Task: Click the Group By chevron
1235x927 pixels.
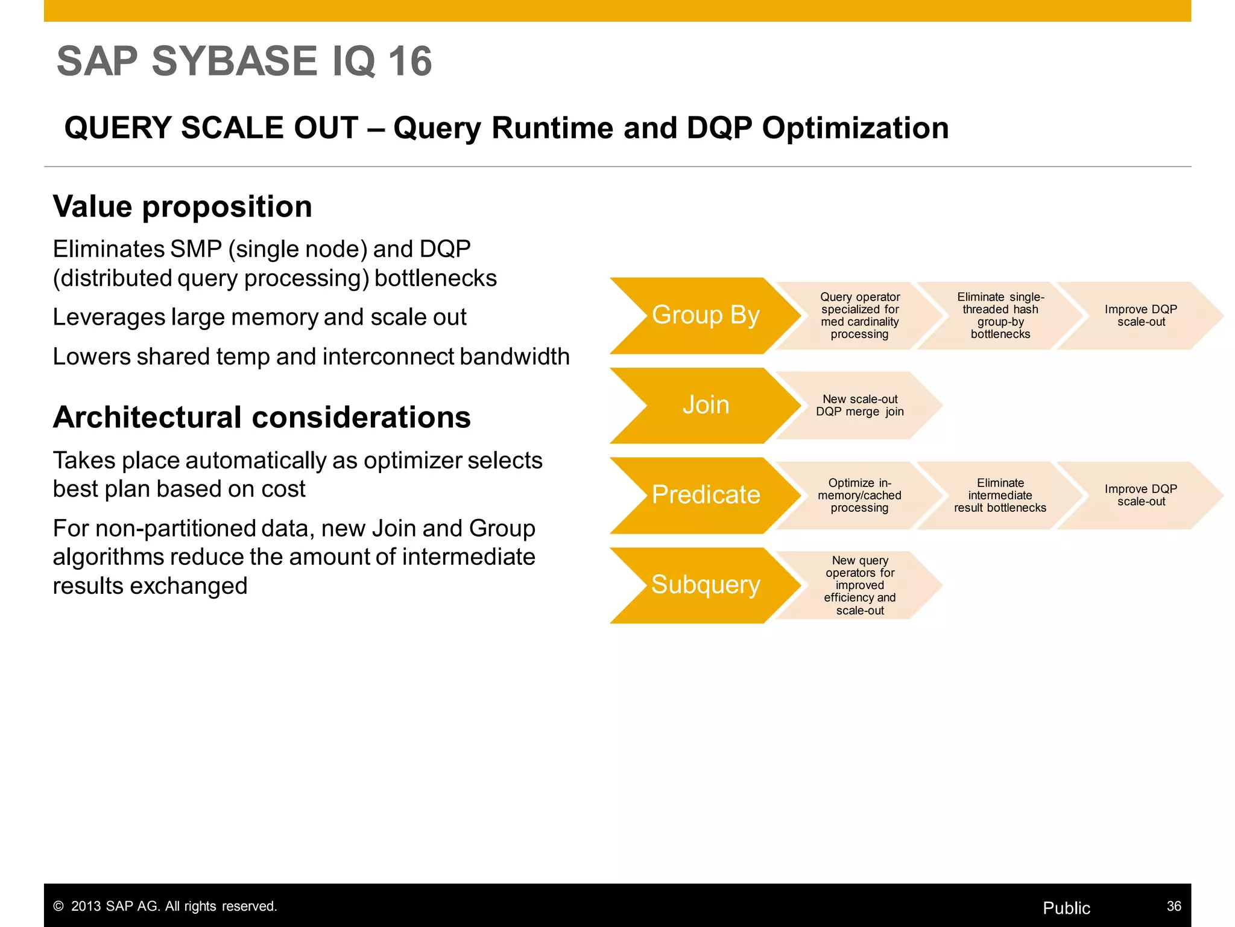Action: coord(705,315)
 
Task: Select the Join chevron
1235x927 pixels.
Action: coord(705,405)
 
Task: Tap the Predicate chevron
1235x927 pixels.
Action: coord(705,495)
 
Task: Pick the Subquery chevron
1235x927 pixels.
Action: coord(705,585)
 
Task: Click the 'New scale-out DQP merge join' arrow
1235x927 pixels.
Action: coord(859,406)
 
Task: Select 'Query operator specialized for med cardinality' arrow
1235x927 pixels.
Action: coord(859,316)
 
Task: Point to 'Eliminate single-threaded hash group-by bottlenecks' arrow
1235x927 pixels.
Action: coord(1000,316)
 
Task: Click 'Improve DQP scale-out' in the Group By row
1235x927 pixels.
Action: coord(1140,316)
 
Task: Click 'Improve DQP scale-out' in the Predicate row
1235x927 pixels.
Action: coord(1140,495)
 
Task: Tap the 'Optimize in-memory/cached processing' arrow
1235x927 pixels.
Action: coord(859,495)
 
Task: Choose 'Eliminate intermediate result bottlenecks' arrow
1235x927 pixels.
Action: coord(1000,495)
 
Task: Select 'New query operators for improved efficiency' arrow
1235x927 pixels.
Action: coord(859,585)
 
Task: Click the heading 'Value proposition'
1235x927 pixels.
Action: coord(183,207)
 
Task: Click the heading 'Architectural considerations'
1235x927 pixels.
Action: coord(262,418)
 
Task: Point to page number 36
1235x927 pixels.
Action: coord(1173,906)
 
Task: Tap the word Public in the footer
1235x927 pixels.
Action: coord(1066,908)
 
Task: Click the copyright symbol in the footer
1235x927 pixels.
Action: coord(58,906)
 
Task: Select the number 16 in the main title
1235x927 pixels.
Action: coord(409,62)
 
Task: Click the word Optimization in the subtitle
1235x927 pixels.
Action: coord(855,128)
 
